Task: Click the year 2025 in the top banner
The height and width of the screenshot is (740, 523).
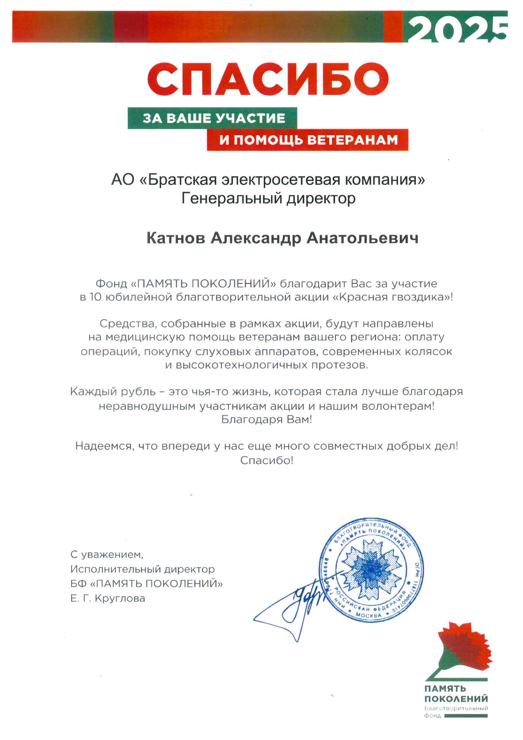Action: point(457,28)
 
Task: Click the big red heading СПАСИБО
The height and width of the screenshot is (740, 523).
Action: point(268,79)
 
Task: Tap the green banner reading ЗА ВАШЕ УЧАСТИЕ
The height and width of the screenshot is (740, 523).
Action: point(214,118)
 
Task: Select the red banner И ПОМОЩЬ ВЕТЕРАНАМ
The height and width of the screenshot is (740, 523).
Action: point(308,140)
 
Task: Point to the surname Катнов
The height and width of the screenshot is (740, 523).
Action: point(176,238)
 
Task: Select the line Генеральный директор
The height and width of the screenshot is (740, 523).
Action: point(268,198)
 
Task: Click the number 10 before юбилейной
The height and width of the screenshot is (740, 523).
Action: point(95,297)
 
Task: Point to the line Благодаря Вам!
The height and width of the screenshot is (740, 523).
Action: point(266,420)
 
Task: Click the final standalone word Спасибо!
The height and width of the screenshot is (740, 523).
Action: point(266,461)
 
